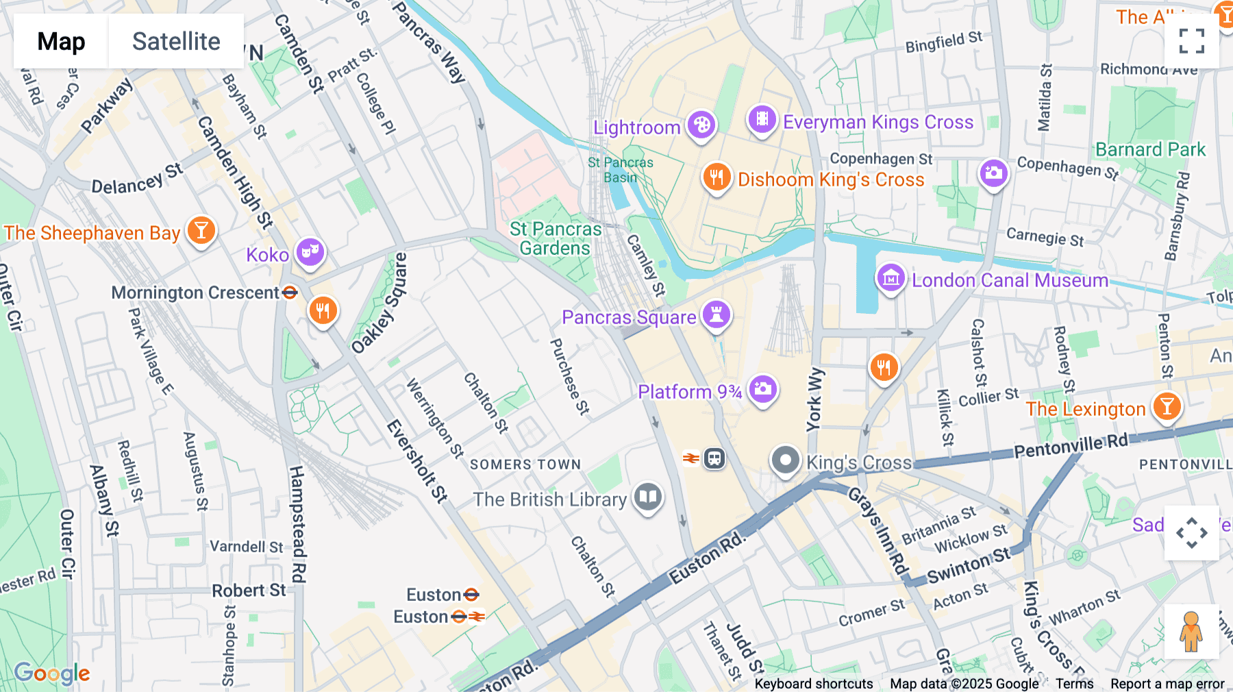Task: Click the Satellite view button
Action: click(x=176, y=41)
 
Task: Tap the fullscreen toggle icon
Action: click(x=1191, y=41)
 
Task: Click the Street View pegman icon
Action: click(x=1191, y=632)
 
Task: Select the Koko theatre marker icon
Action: click(x=310, y=251)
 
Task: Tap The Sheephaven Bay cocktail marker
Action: click(x=201, y=230)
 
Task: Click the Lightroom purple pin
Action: click(x=701, y=125)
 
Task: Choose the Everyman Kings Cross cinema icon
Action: click(x=762, y=120)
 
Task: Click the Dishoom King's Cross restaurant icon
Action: click(x=717, y=177)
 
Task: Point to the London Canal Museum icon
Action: click(x=891, y=278)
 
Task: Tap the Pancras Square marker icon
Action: click(x=717, y=315)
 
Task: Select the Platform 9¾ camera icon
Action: click(x=762, y=390)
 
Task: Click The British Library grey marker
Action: click(x=647, y=497)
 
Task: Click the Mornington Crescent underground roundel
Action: click(x=290, y=293)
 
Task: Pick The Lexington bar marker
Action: click(x=1167, y=407)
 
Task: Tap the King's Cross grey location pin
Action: click(x=785, y=460)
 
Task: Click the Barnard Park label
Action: click(x=1150, y=149)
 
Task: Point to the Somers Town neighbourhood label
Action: click(x=525, y=465)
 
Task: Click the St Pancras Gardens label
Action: click(x=555, y=238)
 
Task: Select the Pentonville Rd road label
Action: click(x=1070, y=446)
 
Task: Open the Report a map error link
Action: click(x=1167, y=684)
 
